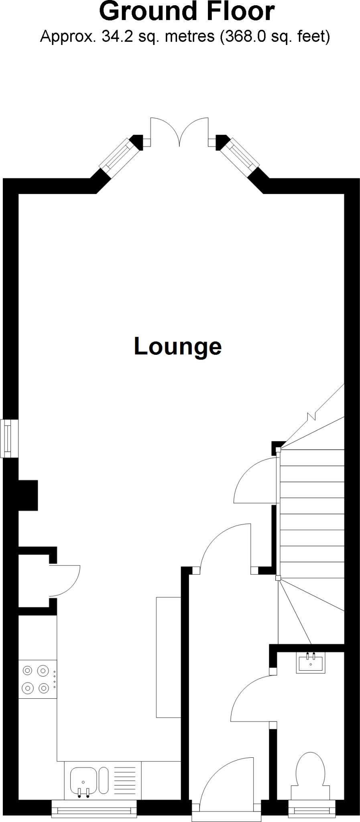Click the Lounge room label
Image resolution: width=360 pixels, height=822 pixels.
177,346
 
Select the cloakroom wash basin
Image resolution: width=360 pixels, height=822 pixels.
310,662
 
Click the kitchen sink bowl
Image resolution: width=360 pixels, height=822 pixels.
83,781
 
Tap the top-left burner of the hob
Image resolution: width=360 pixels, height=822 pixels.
28,670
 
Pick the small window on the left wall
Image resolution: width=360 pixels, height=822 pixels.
8,438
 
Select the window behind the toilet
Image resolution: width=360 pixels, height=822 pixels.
312,810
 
